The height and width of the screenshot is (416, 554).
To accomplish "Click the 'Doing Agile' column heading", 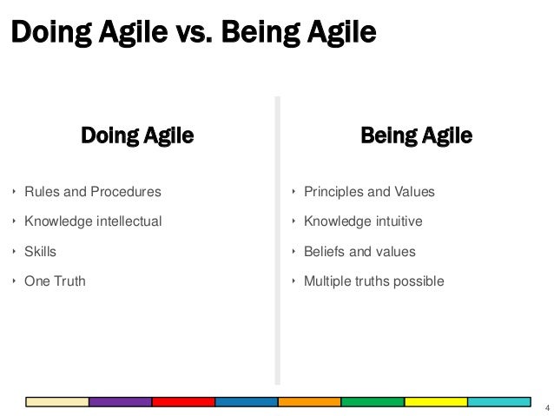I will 137,135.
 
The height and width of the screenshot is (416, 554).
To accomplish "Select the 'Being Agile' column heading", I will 416,135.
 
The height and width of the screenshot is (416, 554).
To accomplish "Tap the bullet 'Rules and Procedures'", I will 92,191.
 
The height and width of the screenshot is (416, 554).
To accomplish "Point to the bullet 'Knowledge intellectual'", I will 93,221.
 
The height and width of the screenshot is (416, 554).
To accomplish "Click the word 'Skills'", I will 40,251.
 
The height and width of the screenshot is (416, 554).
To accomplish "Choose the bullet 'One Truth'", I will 55,281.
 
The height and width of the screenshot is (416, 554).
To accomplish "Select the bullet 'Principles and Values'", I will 369,191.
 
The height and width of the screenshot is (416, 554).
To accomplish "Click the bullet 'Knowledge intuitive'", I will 363,221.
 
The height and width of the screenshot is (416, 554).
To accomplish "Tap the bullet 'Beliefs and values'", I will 359,251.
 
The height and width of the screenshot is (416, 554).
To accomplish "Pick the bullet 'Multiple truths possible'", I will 373,281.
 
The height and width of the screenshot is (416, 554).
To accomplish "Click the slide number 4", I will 545,407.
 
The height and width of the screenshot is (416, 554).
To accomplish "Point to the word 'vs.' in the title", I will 191,32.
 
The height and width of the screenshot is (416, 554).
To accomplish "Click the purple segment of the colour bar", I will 120,401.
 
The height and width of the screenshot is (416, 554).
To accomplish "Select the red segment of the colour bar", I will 183,401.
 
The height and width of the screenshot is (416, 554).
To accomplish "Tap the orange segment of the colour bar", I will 309,401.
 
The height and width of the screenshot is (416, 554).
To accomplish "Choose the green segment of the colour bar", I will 373,401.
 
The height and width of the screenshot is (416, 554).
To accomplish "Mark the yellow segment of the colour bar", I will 436,401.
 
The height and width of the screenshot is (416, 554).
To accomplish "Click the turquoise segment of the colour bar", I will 499,401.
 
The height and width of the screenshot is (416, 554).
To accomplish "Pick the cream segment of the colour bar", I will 57,401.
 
